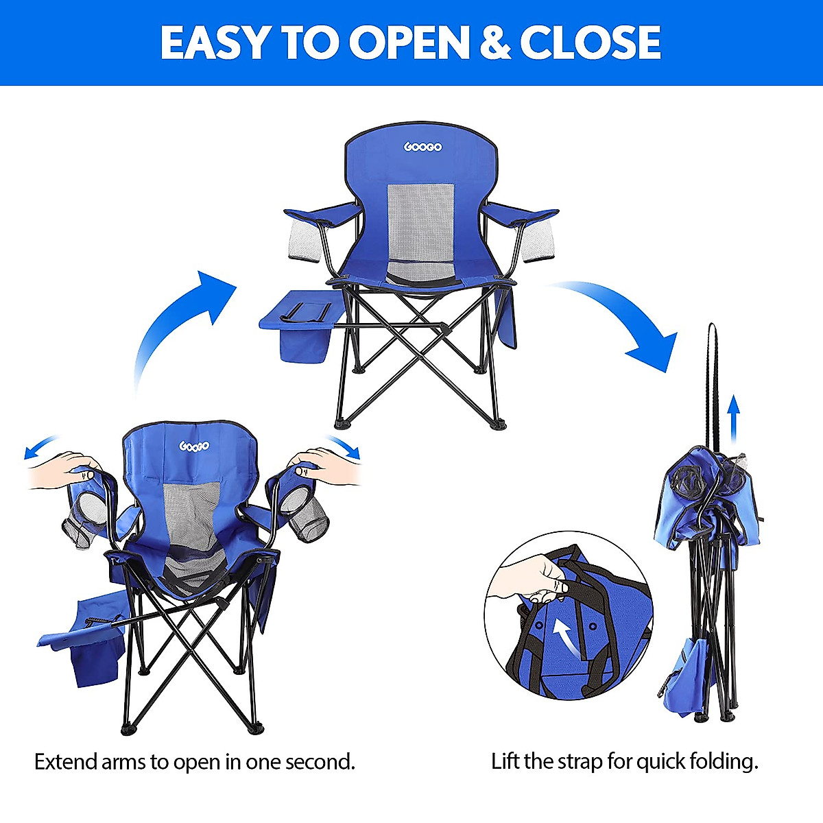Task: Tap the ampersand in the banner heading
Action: click(x=494, y=43)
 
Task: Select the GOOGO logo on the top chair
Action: click(x=422, y=147)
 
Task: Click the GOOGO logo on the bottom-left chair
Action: click(x=194, y=446)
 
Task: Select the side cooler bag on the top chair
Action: click(x=300, y=329)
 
